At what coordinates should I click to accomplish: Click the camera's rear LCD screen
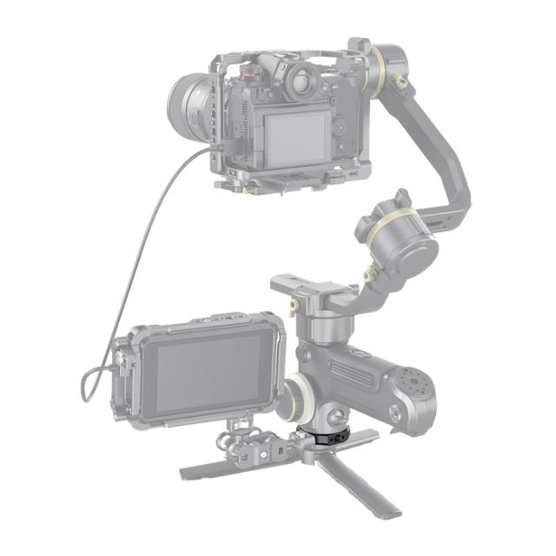click(x=295, y=136)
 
